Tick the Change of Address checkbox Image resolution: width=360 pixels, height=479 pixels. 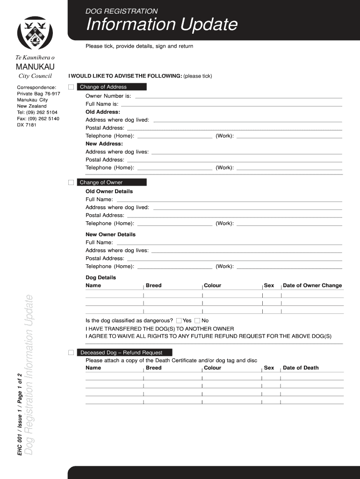click(x=71, y=87)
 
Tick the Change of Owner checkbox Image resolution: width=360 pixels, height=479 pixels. click(x=71, y=182)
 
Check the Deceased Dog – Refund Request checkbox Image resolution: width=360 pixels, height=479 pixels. click(x=71, y=353)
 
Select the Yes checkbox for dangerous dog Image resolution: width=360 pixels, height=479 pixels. click(x=179, y=321)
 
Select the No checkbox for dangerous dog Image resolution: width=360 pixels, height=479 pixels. click(x=197, y=321)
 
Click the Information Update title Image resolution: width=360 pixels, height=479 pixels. click(x=161, y=25)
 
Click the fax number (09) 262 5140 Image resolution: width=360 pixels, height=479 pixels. click(x=38, y=119)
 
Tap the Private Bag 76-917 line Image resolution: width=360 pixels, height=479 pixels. click(x=38, y=94)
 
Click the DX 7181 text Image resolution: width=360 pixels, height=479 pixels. click(x=27, y=125)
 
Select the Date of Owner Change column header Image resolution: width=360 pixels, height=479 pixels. click(x=312, y=285)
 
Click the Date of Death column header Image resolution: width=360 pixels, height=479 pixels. click(x=301, y=368)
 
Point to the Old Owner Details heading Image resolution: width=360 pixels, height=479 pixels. click(x=109, y=191)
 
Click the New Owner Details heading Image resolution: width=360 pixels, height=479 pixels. click(x=110, y=234)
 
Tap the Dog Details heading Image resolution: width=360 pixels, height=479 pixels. click(x=101, y=277)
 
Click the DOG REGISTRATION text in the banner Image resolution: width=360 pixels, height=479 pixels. click(x=121, y=11)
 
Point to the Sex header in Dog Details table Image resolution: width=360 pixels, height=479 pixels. click(x=269, y=285)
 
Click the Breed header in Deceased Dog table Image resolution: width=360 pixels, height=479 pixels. click(x=153, y=368)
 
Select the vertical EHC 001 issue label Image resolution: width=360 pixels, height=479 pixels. click(x=19, y=414)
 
